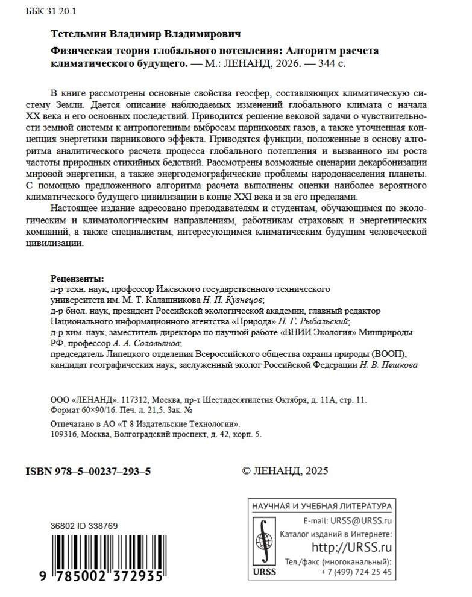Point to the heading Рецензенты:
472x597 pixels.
point(78,279)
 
